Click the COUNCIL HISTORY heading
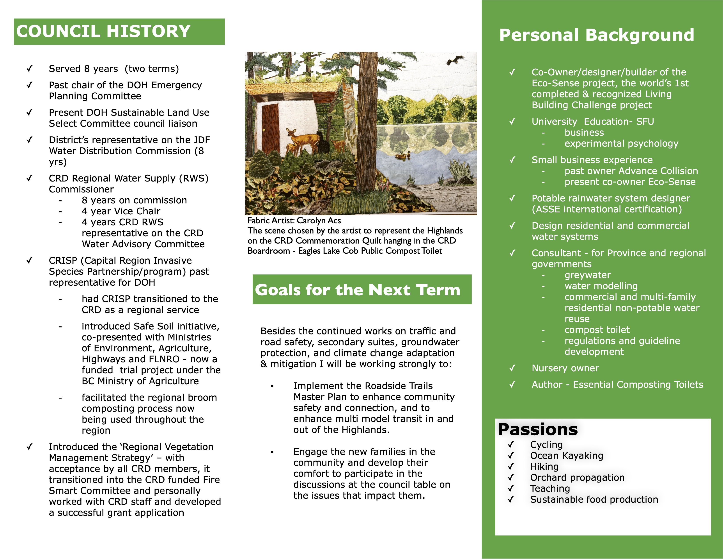pos(103,32)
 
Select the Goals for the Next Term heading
pos(358,290)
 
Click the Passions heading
pos(538,429)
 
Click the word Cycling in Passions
pos(546,445)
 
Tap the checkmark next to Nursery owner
pos(512,368)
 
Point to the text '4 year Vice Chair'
pos(121,211)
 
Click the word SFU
pos(645,121)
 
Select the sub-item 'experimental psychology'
pos(621,143)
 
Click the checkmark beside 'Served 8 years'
pos(29,69)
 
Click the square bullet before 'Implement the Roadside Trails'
pos(272,386)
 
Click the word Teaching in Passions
pos(550,488)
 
